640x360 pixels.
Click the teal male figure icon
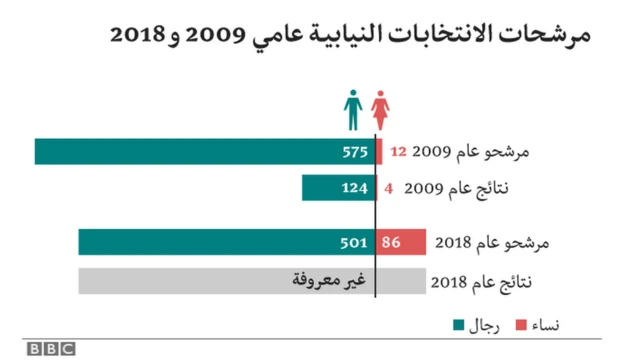click(x=354, y=110)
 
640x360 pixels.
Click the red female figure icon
click(x=381, y=110)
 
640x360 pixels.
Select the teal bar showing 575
click(x=205, y=151)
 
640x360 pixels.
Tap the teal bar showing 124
click(x=339, y=187)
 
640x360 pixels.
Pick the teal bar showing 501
click(x=227, y=242)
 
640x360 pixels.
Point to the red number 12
click(x=397, y=152)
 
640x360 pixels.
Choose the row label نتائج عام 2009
click(x=467, y=188)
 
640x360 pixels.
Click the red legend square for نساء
click(x=520, y=324)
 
